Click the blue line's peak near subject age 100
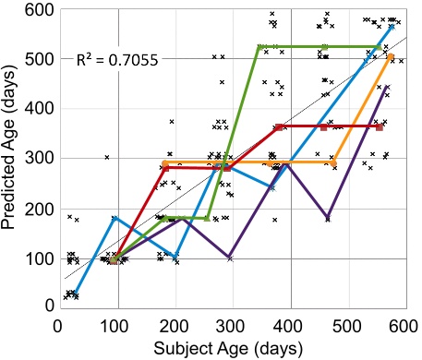coord(114,218)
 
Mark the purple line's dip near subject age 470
coord(329,218)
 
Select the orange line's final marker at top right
coord(391,57)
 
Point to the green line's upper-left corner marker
coord(260,46)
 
